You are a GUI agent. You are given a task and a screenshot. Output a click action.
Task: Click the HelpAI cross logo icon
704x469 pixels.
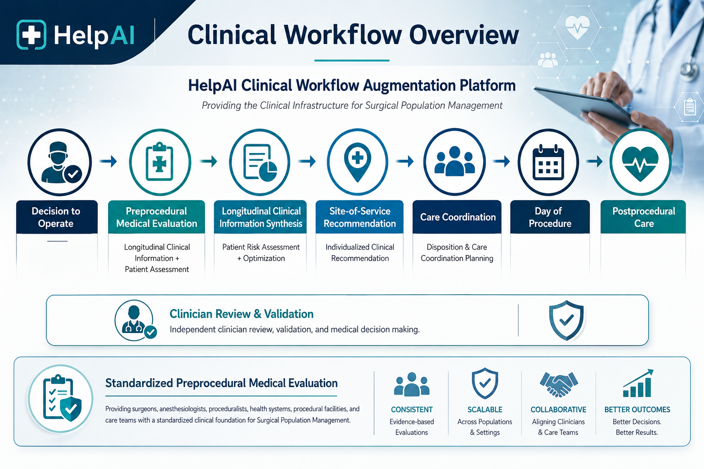pos(31,34)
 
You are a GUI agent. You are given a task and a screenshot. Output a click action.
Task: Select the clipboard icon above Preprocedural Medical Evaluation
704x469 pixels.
pos(159,162)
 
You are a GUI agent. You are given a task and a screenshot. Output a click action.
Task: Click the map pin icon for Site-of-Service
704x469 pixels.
pos(357,162)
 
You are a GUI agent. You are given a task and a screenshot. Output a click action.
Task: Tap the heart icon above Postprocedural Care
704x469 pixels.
pos(640,162)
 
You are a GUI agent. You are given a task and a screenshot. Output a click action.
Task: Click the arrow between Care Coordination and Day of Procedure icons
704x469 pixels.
pos(501,162)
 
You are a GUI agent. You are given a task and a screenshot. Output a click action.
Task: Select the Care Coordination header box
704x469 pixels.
pos(457,217)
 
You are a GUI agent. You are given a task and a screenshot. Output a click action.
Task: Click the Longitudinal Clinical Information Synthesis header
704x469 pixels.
pos(260,217)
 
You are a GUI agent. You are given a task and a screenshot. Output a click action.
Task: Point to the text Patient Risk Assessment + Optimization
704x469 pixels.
pos(261,252)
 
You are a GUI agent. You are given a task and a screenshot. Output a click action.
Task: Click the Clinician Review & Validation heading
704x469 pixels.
pos(242,314)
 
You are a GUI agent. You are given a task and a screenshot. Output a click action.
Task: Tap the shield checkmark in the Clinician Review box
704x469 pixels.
pos(566,320)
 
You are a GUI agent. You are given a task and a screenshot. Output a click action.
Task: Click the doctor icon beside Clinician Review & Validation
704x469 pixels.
pos(135,320)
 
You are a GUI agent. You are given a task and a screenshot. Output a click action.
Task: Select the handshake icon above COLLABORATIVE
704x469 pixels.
pos(559,383)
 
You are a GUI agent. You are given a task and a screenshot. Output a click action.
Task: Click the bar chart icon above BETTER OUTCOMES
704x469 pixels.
pos(638,383)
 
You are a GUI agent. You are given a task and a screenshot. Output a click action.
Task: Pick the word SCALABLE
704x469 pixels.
pos(485,409)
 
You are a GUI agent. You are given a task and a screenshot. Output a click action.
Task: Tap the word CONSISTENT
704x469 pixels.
pos(412,409)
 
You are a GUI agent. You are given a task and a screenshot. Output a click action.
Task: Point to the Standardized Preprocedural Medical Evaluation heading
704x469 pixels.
pos(221,383)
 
